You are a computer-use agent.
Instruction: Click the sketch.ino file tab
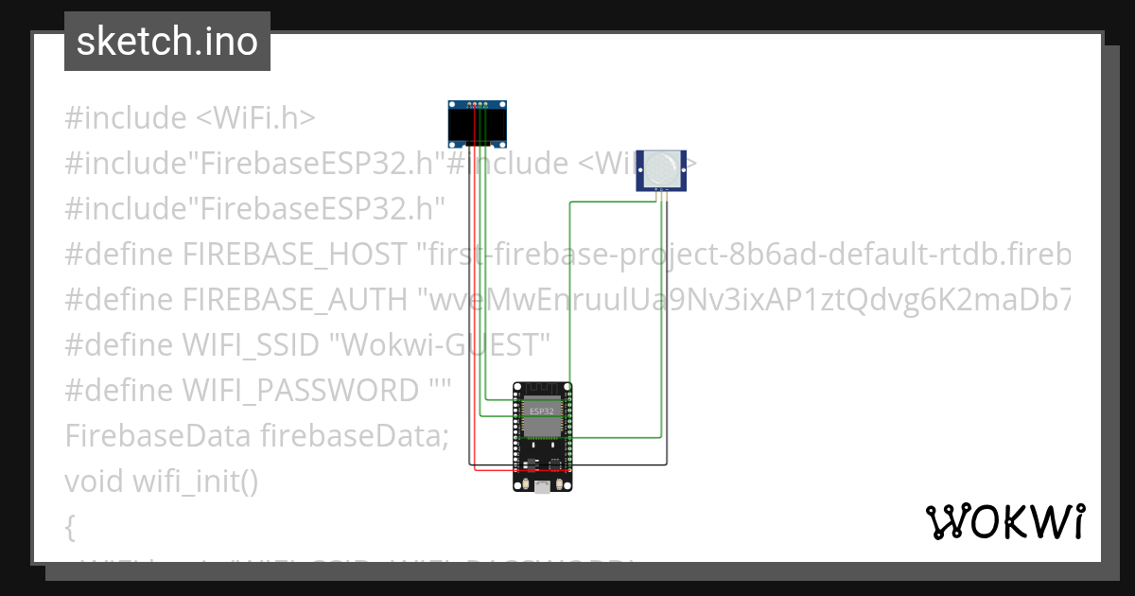[166, 42]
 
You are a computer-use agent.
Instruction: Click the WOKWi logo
[1004, 522]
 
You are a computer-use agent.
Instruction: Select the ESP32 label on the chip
[542, 412]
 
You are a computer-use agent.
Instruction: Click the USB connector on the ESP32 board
[543, 486]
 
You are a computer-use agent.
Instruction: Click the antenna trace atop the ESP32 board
[542, 388]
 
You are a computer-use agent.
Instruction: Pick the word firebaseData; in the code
[354, 436]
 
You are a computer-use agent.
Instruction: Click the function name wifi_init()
[194, 482]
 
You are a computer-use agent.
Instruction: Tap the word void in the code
[94, 482]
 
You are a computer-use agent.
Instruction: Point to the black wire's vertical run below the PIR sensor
[667, 331]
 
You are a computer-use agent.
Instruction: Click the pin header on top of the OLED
[478, 103]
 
